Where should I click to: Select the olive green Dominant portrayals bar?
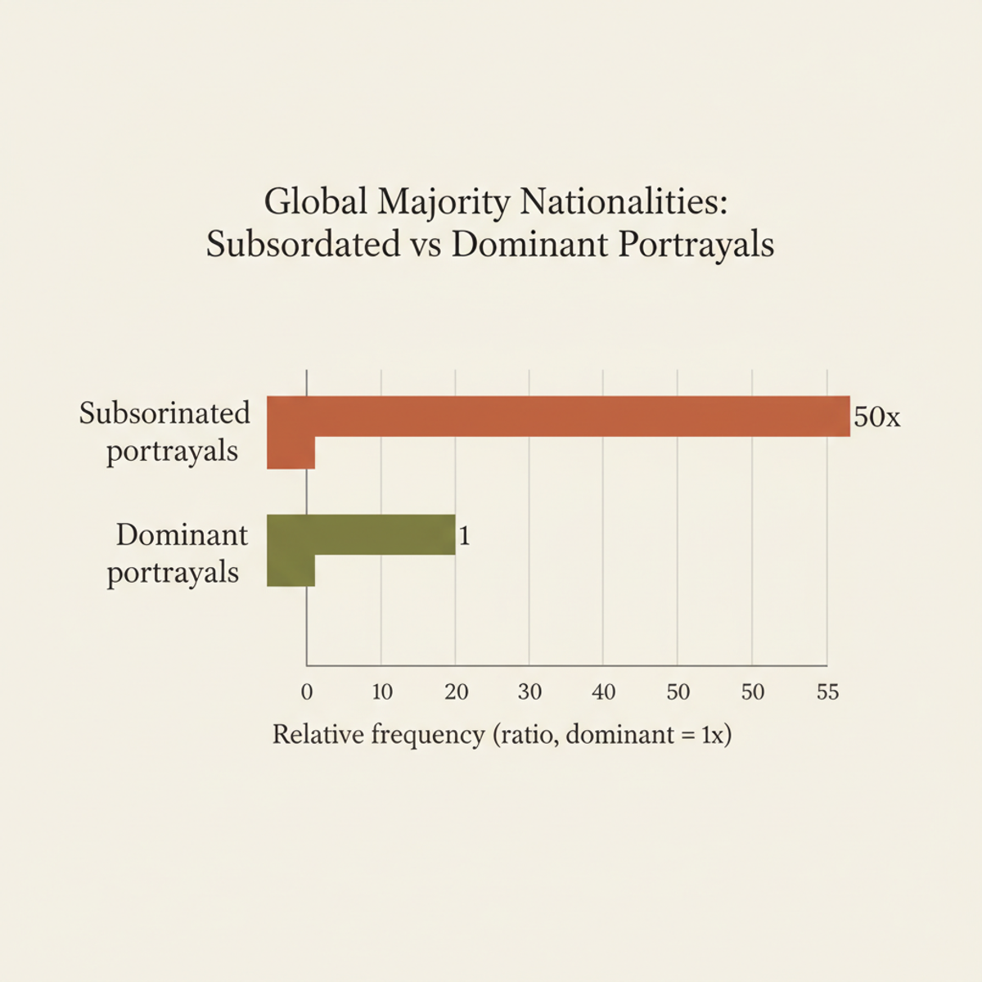[368, 535]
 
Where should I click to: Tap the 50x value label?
[876, 417]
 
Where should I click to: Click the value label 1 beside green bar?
[465, 536]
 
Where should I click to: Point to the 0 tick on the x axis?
[307, 692]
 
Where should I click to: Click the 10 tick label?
[382, 692]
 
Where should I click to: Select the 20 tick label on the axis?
[456, 692]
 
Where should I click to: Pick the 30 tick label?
[529, 692]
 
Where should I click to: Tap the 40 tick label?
[603, 692]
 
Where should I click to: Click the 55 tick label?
[827, 692]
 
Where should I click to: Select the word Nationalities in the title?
[623, 202]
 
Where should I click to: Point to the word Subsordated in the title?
[303, 245]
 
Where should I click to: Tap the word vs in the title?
[426, 245]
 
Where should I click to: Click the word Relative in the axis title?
[318, 734]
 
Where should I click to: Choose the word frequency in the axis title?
[428, 736]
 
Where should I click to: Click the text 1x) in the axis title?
[716, 735]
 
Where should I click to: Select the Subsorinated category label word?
[164, 413]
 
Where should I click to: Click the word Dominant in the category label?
[182, 535]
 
